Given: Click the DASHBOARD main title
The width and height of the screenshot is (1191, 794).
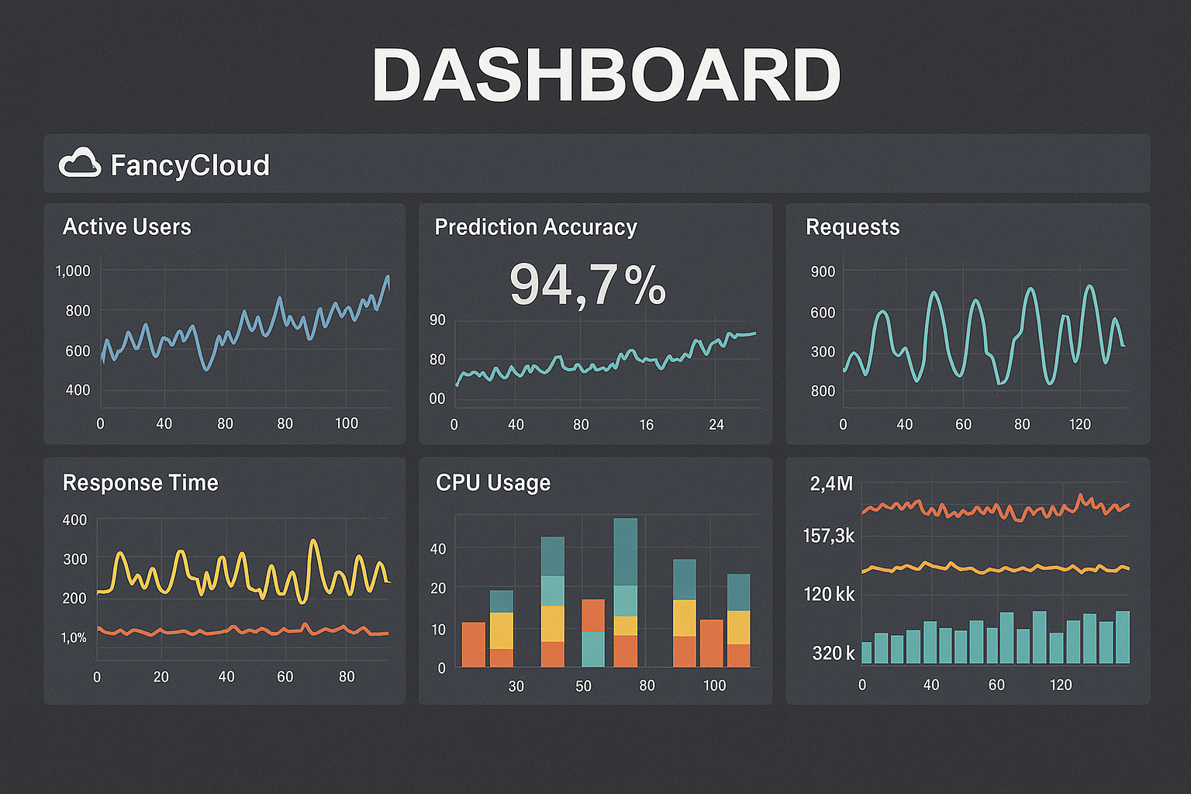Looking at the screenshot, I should (x=606, y=75).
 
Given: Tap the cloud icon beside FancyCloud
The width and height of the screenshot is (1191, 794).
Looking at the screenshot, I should (x=80, y=164).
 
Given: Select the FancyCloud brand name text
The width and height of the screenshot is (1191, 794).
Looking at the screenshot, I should (x=190, y=165).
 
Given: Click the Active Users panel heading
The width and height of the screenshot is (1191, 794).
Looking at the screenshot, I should (x=127, y=226).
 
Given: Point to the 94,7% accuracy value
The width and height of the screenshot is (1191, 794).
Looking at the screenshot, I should (x=587, y=285).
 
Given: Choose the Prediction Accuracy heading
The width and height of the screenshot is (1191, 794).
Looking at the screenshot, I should (x=536, y=227).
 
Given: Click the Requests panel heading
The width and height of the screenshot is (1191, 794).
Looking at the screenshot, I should (x=853, y=227).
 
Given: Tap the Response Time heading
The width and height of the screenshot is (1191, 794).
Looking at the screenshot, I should (x=140, y=482).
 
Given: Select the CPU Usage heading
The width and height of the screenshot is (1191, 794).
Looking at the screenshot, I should (x=493, y=482).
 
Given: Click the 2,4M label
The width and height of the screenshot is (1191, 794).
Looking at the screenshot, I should (x=831, y=484).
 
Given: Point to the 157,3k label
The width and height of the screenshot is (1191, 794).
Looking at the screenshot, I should (x=829, y=536).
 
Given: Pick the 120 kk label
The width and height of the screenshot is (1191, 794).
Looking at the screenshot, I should (x=829, y=595).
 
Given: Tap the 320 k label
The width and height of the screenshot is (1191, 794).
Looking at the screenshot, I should (x=833, y=654).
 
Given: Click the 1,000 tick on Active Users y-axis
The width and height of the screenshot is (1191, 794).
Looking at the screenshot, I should (x=73, y=271).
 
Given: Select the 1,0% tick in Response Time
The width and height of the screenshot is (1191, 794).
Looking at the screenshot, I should (x=74, y=637).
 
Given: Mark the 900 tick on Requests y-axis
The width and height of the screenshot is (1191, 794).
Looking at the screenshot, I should (x=823, y=271).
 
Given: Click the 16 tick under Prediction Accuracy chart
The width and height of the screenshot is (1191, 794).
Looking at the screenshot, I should (x=647, y=425).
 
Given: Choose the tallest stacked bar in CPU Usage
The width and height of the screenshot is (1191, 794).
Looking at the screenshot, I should (x=625, y=592).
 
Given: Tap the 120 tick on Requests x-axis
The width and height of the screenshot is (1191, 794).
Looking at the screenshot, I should (x=1079, y=425).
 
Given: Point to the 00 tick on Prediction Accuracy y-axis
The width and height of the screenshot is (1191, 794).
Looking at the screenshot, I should (x=437, y=399).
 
